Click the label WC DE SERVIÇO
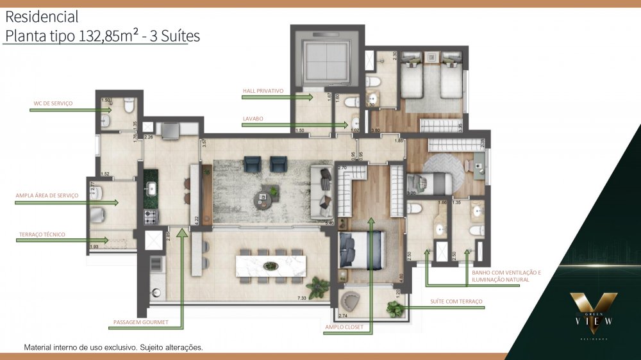click(53, 102)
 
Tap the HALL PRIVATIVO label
click(263, 91)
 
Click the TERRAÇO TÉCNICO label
click(42, 234)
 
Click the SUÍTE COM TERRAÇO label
click(456, 301)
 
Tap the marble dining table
click(271, 266)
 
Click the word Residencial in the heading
click(42, 17)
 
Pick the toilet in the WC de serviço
click(129, 103)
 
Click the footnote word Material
click(39, 348)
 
